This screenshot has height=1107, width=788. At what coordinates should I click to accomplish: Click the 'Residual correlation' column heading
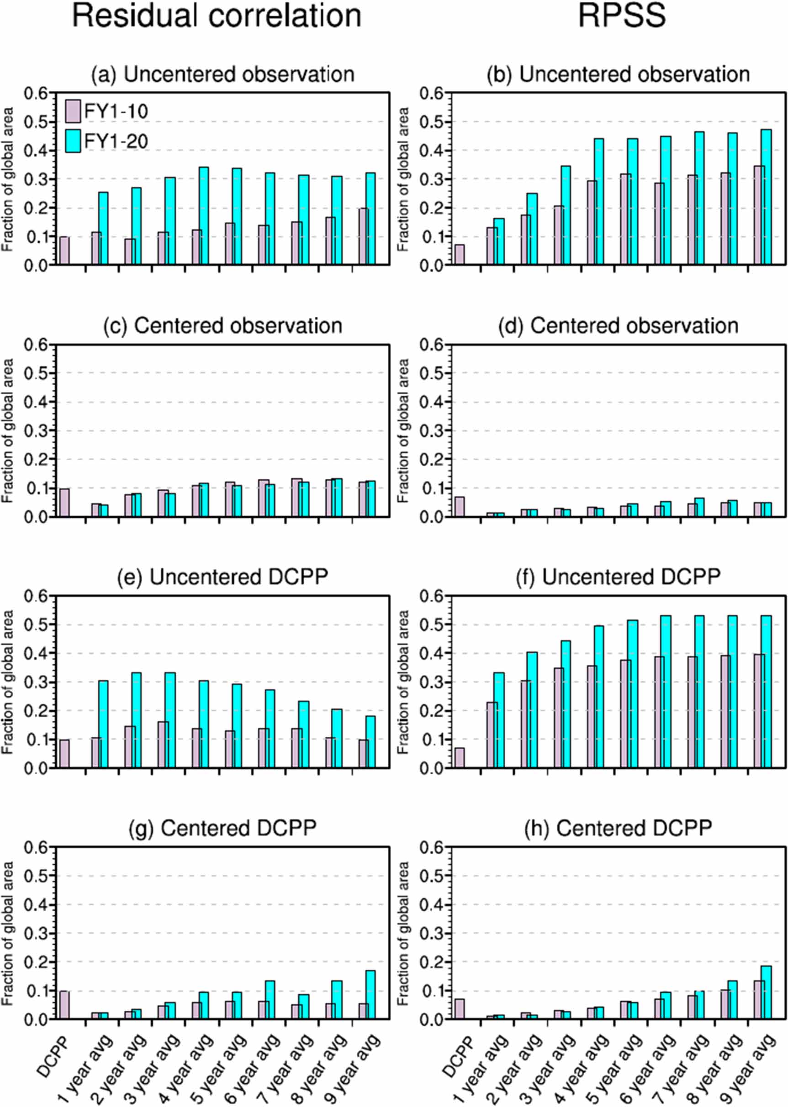pos(217,16)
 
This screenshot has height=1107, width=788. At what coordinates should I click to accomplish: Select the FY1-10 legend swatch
pos(73,111)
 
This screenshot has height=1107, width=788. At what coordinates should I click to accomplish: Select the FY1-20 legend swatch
pos(73,141)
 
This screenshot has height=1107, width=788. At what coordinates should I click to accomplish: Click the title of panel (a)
pos(223,74)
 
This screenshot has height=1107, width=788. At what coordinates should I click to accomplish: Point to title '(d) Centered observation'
pos(618,325)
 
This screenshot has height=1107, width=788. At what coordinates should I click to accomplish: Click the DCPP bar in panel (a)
pos(64,251)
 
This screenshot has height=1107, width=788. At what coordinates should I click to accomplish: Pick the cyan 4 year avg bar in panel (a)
pos(204,216)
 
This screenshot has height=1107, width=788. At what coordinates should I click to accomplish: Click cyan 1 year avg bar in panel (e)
pos(103,724)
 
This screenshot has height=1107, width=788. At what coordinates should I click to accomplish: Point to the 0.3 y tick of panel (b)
pos(433,179)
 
